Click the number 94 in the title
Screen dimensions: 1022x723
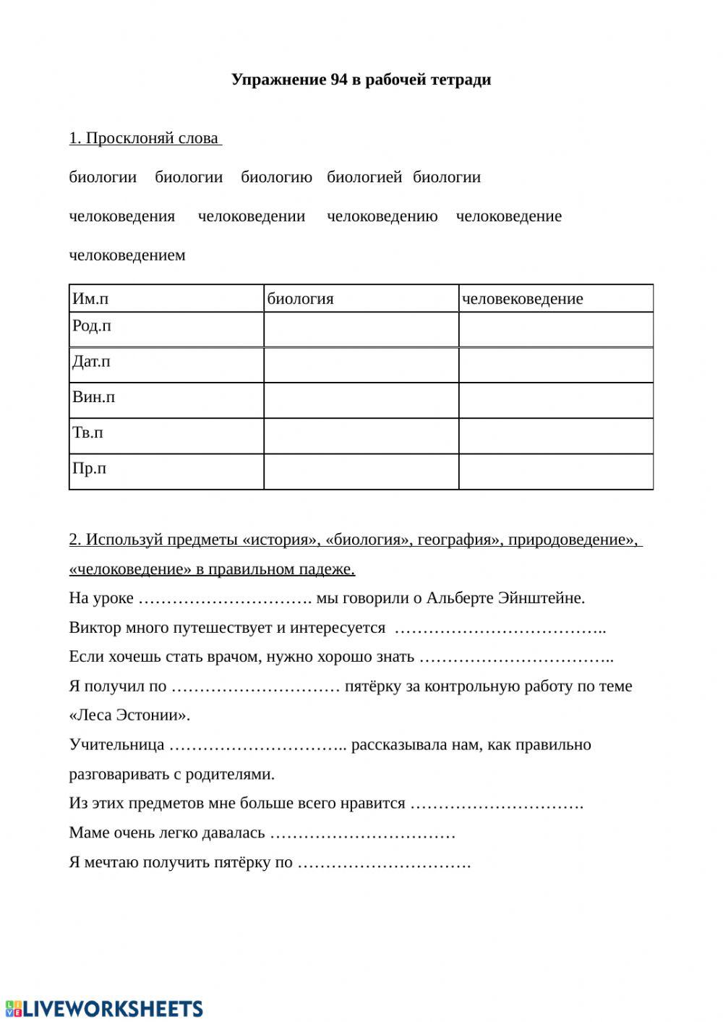point(338,80)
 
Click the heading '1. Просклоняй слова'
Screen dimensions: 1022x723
point(145,138)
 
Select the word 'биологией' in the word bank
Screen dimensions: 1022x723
point(364,177)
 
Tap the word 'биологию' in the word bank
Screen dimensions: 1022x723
point(276,177)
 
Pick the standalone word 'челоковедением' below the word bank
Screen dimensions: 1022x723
point(127,255)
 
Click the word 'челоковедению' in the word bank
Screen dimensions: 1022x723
point(382,216)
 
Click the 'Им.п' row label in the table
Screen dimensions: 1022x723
point(90,299)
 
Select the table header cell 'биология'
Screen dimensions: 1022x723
point(301,299)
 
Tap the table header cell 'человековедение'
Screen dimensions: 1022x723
point(522,299)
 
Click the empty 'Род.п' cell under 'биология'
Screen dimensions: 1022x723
point(361,330)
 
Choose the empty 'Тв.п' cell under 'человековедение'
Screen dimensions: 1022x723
point(555,436)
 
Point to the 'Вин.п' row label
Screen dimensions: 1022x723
point(93,397)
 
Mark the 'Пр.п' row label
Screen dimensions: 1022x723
point(89,468)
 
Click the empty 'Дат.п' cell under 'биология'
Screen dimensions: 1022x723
point(361,365)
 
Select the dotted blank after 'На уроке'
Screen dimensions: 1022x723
point(224,599)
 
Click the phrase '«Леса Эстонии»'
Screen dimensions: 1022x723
point(129,715)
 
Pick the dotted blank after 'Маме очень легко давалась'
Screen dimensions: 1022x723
point(362,833)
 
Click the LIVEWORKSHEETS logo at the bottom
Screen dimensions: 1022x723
point(104,1008)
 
